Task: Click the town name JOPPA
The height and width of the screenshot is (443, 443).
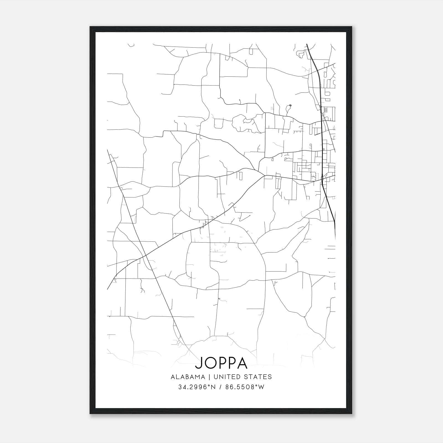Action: pyautogui.click(x=221, y=363)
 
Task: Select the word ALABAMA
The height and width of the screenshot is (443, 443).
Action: pyautogui.click(x=188, y=377)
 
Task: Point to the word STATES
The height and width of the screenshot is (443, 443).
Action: pyautogui.click(x=258, y=377)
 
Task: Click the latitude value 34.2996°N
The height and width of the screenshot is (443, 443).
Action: pyautogui.click(x=197, y=387)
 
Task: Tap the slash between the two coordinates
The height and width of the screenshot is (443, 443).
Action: pyautogui.click(x=220, y=387)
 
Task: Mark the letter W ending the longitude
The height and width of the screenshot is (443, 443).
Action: pyautogui.click(x=261, y=387)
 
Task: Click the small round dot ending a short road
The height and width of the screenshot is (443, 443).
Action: pyautogui.click(x=290, y=105)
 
